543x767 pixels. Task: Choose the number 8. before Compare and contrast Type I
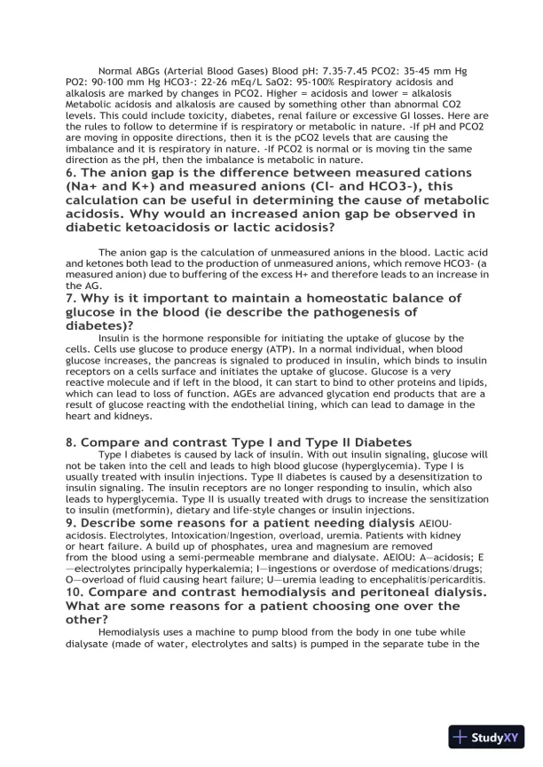72,442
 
